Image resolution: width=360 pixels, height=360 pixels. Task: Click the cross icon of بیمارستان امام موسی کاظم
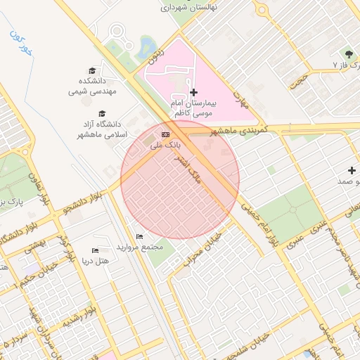click(194, 92)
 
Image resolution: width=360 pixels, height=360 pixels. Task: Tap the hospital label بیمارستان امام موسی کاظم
click(194, 108)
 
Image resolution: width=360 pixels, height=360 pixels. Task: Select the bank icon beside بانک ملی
click(165, 134)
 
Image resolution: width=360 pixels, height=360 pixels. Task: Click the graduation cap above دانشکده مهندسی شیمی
click(92, 70)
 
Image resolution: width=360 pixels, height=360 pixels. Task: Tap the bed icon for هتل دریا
click(96, 250)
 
